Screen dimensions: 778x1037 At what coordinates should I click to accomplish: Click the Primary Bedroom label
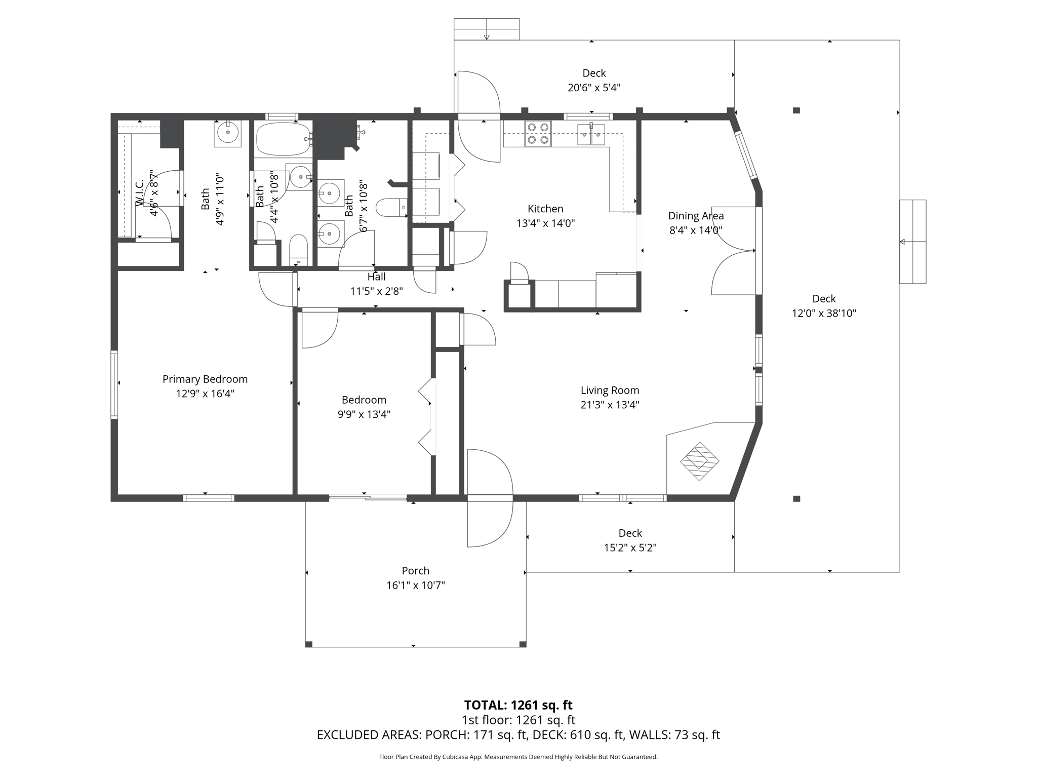click(205, 379)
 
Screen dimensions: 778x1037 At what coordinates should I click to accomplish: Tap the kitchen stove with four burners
click(538, 134)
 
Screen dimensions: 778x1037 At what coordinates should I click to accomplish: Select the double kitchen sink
click(591, 134)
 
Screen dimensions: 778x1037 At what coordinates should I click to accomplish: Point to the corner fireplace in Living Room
click(699, 461)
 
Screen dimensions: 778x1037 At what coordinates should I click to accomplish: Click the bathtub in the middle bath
click(283, 139)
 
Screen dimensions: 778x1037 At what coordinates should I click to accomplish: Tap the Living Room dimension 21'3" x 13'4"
click(610, 405)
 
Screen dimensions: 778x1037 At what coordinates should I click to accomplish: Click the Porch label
click(415, 571)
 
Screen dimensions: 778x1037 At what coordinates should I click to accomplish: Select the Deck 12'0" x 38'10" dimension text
click(824, 313)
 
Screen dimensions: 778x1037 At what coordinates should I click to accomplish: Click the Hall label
click(376, 277)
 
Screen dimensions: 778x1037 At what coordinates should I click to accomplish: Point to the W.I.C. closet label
click(140, 192)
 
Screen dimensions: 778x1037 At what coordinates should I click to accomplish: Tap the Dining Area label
click(696, 216)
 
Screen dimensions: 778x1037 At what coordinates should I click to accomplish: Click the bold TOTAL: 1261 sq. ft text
click(518, 705)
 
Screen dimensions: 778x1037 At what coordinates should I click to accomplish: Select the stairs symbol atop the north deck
click(486, 29)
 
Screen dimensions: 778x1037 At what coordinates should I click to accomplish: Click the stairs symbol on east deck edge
click(912, 242)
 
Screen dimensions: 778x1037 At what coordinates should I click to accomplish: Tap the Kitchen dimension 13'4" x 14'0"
click(545, 223)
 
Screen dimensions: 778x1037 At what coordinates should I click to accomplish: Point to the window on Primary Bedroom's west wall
click(114, 384)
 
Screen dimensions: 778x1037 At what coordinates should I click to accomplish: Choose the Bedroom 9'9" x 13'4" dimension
click(364, 414)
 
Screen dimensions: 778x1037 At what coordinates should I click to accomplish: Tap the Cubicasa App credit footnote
click(518, 757)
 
